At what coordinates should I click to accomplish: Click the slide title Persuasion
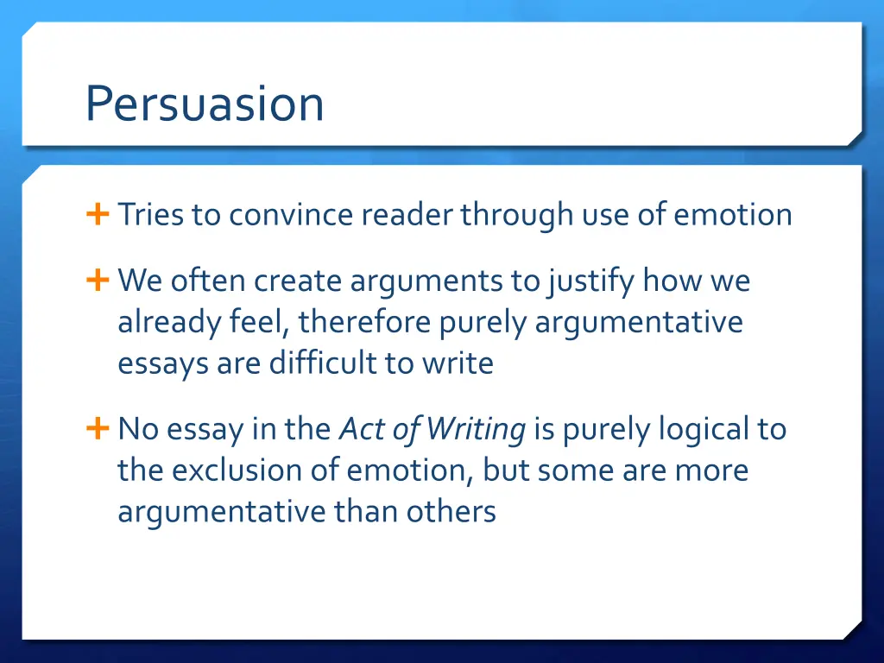[205, 104]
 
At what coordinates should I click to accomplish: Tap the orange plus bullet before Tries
[97, 214]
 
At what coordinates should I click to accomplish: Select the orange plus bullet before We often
[97, 280]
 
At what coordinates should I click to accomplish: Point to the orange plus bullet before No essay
[97, 428]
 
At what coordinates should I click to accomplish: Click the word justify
[590, 281]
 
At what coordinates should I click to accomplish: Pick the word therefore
[365, 322]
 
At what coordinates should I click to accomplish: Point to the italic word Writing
[476, 429]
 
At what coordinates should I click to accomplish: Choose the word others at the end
[455, 512]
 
